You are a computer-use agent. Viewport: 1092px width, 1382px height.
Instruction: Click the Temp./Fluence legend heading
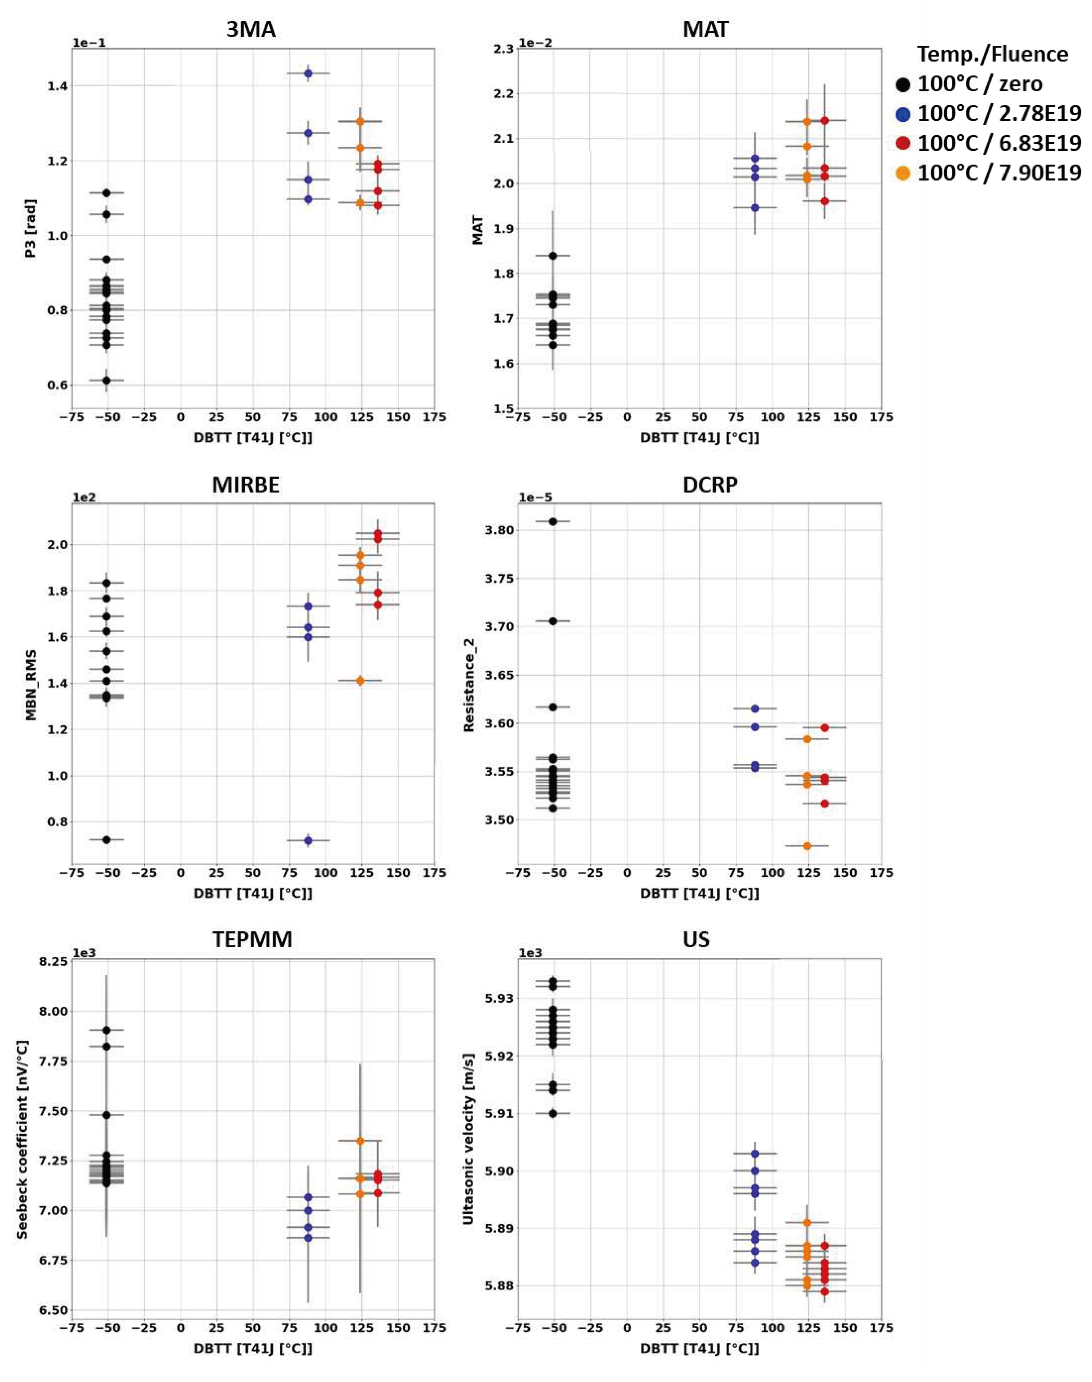click(992, 54)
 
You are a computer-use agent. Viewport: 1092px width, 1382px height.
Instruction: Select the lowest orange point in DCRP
click(807, 846)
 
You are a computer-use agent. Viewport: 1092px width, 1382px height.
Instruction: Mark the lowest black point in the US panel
click(553, 1113)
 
